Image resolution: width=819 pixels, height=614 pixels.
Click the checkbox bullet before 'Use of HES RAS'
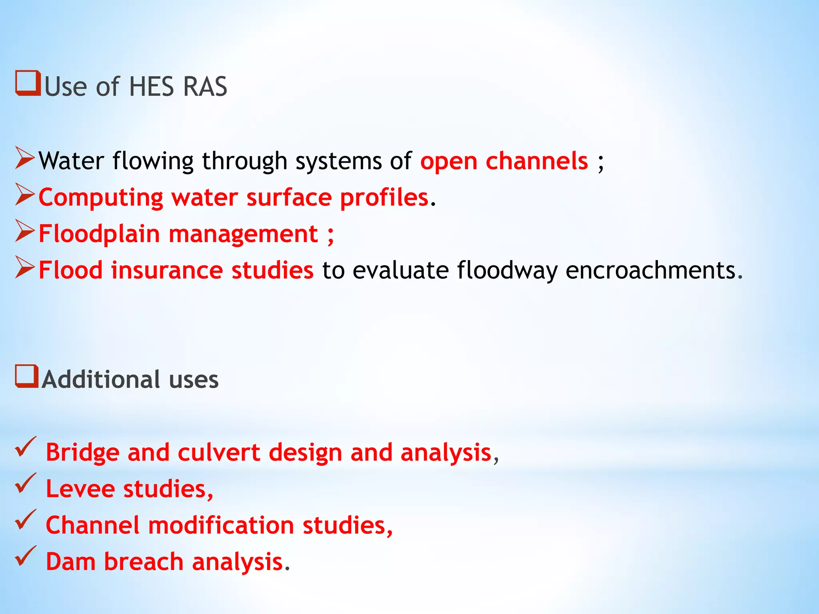point(28,83)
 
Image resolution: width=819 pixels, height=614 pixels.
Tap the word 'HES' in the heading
point(152,87)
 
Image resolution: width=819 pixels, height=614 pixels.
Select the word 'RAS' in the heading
point(205,87)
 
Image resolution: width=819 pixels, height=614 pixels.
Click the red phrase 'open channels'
point(504,161)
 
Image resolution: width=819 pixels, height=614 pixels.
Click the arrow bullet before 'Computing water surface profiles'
point(25,194)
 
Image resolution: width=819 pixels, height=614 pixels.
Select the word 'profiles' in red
point(384,198)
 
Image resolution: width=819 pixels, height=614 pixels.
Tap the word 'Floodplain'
point(99,234)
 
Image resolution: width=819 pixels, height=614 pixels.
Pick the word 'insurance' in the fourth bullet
point(167,270)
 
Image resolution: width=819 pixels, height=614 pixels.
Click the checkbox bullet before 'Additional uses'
point(27,376)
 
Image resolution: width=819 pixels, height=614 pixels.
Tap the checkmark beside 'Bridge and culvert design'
point(26,447)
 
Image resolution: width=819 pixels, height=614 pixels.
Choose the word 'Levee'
point(80,489)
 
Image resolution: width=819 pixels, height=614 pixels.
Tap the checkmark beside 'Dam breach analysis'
point(26,556)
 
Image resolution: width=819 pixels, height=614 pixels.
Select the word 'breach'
point(144,562)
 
